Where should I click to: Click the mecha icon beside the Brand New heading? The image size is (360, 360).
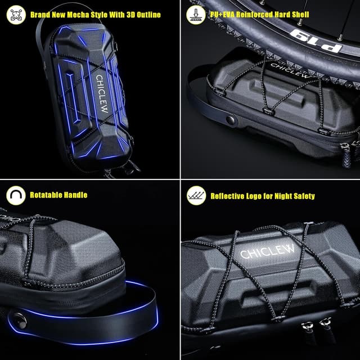pyautogui.click(x=15, y=15)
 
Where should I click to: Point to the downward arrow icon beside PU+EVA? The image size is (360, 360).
pyautogui.click(x=196, y=15)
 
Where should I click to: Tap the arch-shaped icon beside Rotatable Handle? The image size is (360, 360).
pyautogui.click(x=15, y=195)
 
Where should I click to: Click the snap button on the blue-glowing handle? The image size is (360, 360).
pyautogui.click(x=20, y=318)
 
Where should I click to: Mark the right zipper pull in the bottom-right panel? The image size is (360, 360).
pyautogui.click(x=325, y=325)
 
